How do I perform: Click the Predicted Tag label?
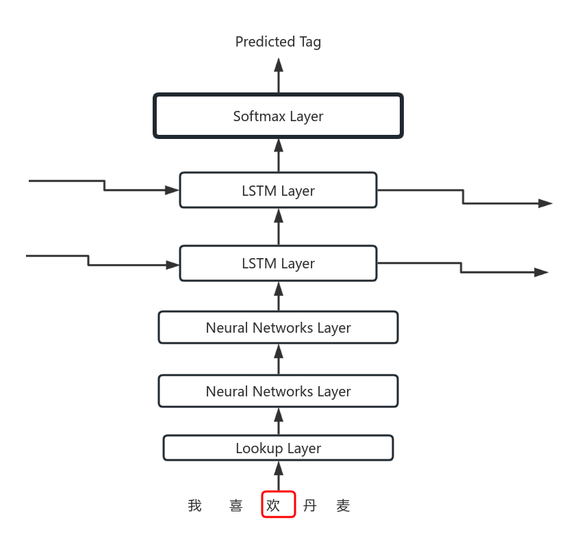pyautogui.click(x=278, y=42)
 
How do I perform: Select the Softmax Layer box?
pyautogui.click(x=278, y=116)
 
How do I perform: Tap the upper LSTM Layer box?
pyautogui.click(x=278, y=190)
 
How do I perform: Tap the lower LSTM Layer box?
pyautogui.click(x=278, y=264)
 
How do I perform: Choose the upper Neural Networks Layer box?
pyautogui.click(x=278, y=327)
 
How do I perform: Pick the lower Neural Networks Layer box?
pyautogui.click(x=278, y=391)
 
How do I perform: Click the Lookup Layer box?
pyautogui.click(x=278, y=448)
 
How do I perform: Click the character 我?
pyautogui.click(x=195, y=506)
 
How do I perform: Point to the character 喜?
pyautogui.click(x=236, y=506)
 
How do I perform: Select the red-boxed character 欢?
pyautogui.click(x=274, y=506)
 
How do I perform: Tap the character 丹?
pyautogui.click(x=310, y=506)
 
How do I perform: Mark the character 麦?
pyautogui.click(x=344, y=506)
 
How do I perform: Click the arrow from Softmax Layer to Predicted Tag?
pyautogui.click(x=279, y=76)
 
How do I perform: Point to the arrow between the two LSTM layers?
pyautogui.click(x=279, y=227)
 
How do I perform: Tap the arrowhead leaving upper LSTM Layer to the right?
pyautogui.click(x=546, y=203)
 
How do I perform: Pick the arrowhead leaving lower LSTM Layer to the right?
pyautogui.click(x=541, y=272)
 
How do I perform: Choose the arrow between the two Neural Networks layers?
pyautogui.click(x=279, y=359)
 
